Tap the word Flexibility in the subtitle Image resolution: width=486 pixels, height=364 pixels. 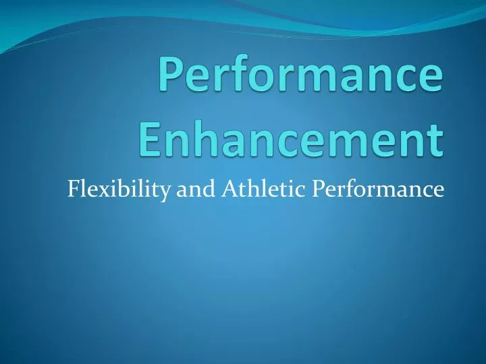[119, 190]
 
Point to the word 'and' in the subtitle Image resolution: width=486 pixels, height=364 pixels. [193, 190]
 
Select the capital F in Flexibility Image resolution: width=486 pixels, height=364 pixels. [74, 190]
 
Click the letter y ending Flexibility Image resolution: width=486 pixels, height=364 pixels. [165, 193]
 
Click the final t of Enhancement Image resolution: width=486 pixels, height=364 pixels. [436, 138]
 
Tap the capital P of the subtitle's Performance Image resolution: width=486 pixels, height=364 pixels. [317, 190]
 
